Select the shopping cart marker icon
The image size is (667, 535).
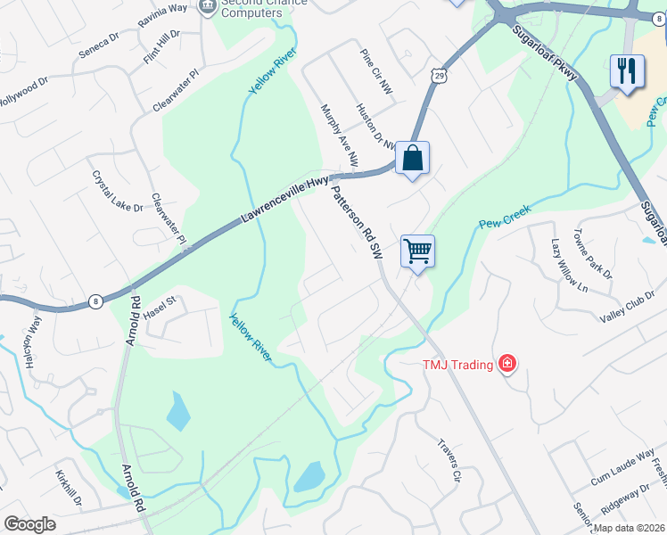417,251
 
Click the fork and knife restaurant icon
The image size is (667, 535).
628,70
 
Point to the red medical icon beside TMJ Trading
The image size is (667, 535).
507,363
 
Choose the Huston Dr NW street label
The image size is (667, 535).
375,128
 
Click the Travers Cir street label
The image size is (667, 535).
449,461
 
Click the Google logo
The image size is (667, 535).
29,524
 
